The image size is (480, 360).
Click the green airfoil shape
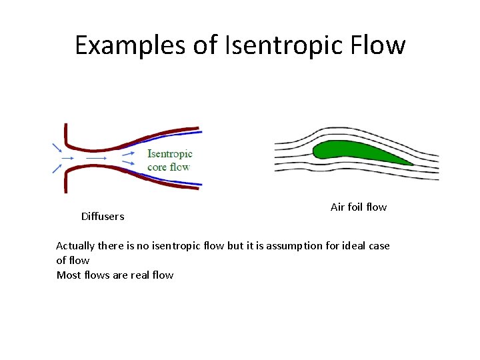pos(353,153)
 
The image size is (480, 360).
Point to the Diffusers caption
pos(103,216)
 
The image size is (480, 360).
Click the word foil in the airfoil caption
pos(355,207)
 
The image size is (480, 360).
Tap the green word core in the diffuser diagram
pos(157,167)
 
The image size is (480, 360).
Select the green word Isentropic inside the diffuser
pos(169,154)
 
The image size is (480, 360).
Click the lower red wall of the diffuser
pos(133,175)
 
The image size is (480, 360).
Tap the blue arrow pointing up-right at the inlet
pos(57,169)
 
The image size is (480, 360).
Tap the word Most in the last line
pos(68,275)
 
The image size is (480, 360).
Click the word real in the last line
pos(139,275)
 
